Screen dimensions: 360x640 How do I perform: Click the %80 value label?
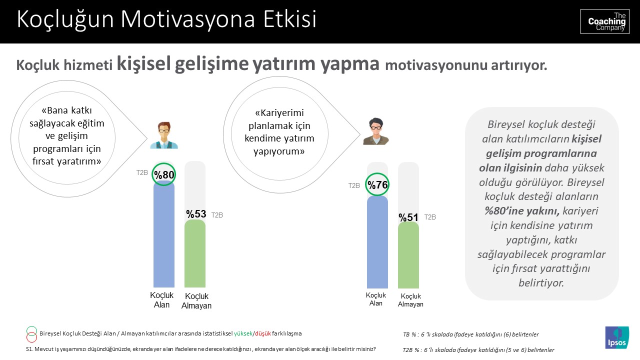(x=163, y=175)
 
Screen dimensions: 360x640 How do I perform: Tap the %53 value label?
(x=196, y=214)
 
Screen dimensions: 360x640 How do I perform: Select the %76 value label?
(x=377, y=185)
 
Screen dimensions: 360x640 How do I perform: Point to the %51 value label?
(x=408, y=217)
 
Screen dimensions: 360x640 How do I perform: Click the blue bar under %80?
(x=163, y=235)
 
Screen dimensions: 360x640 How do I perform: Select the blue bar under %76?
(x=377, y=242)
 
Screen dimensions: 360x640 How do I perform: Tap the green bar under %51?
(x=408, y=255)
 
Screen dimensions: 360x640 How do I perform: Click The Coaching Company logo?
(x=604, y=21)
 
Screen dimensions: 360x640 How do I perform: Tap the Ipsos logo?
(x=617, y=337)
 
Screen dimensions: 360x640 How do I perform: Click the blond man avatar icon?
(x=163, y=135)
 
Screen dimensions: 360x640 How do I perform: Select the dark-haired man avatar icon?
(x=376, y=131)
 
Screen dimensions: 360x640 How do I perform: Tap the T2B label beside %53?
(x=217, y=215)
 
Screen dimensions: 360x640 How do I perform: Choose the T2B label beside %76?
(x=354, y=185)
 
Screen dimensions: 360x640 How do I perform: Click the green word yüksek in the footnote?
(x=243, y=333)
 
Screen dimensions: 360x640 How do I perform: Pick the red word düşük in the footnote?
(x=263, y=333)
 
